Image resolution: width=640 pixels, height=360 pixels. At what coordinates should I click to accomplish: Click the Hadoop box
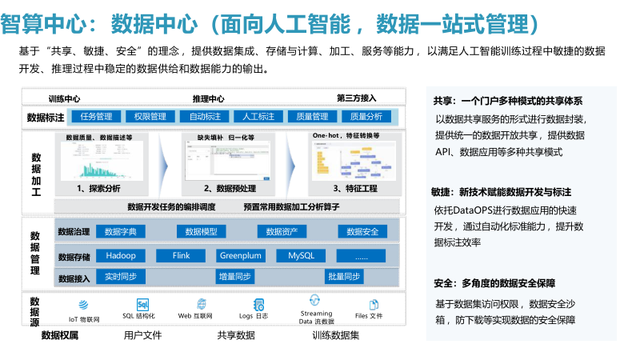(x=121, y=256)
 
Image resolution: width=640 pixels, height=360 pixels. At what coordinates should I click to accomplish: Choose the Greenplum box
(x=241, y=256)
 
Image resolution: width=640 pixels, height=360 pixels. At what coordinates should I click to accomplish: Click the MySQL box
(x=301, y=256)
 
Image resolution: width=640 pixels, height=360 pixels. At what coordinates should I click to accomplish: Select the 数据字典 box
(x=121, y=232)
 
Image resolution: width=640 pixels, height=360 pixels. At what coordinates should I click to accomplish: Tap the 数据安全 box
(x=362, y=232)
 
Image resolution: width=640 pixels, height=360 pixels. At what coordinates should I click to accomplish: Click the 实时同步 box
(x=121, y=277)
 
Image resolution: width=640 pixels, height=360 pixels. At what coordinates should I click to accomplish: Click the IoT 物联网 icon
(x=83, y=305)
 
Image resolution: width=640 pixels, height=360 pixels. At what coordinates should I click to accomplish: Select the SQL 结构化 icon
(x=143, y=305)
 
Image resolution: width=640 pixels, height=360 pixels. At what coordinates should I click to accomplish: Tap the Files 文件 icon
(x=372, y=305)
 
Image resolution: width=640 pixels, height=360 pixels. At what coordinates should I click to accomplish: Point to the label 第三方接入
(x=357, y=98)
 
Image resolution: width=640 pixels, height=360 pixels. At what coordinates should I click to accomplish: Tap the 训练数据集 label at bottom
(x=336, y=334)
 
